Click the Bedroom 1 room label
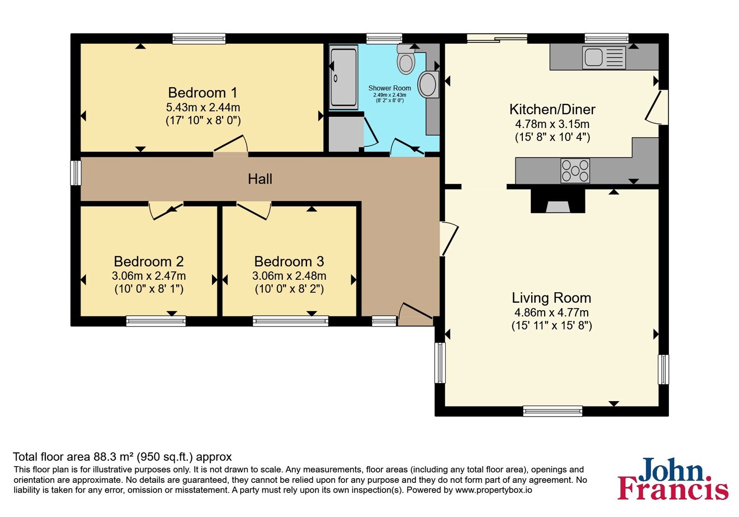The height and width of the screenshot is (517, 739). point(203,93)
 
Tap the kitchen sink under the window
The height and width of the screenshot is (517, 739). point(604,57)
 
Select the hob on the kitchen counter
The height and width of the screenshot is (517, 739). point(575,171)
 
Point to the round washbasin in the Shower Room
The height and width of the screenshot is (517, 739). point(428,84)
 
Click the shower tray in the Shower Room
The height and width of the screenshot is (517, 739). point(344,77)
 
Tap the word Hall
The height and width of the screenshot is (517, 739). point(260,179)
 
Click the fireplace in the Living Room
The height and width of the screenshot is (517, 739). point(557,201)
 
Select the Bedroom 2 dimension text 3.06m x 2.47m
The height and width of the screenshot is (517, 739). point(149,276)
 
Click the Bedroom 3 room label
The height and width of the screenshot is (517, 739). point(289,261)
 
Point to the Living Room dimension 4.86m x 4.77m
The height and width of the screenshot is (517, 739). point(551,312)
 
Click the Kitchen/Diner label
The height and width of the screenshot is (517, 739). point(552,109)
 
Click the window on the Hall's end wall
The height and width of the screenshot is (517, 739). point(76,173)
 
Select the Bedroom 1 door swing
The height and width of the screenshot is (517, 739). point(230,144)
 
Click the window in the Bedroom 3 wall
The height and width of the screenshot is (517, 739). point(291,321)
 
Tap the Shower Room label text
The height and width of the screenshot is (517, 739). point(390,88)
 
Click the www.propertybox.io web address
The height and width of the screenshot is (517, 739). point(494,490)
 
